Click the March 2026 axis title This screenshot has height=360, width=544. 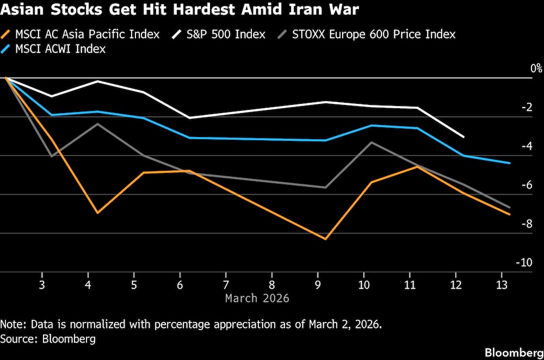coord(257,299)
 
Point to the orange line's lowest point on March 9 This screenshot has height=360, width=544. coord(325,239)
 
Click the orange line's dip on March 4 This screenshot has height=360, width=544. coord(97,213)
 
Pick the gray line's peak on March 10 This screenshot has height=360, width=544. coord(372,142)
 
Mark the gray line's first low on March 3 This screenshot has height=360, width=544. coord(51,157)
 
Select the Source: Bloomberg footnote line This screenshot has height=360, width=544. coord(48,339)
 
